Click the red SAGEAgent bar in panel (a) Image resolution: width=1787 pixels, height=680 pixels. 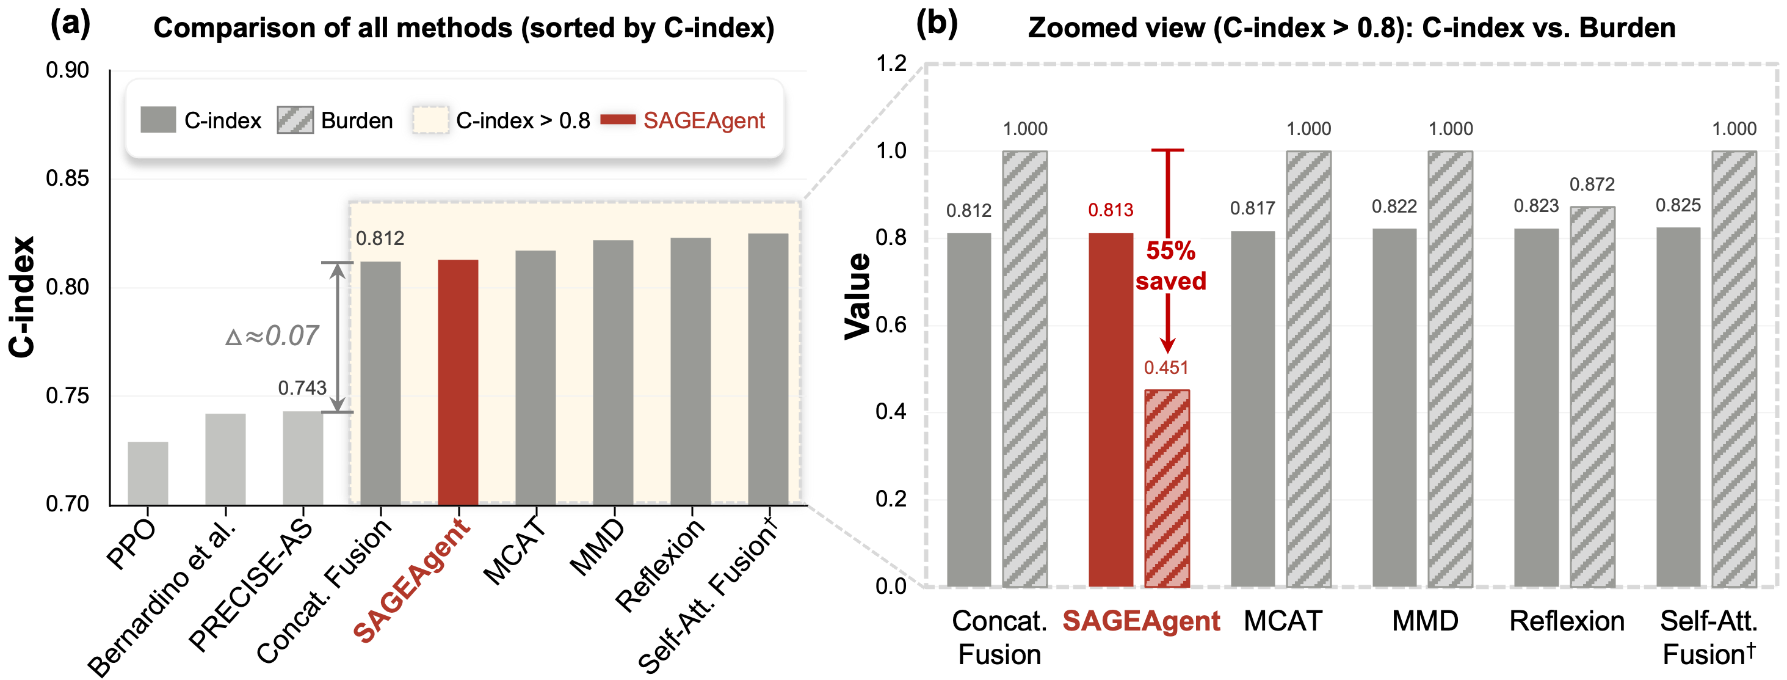click(x=458, y=382)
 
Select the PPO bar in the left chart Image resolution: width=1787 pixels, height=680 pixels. click(x=148, y=473)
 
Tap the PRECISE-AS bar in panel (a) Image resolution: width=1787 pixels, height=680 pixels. click(x=303, y=458)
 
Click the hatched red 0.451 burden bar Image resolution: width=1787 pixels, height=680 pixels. click(x=1167, y=489)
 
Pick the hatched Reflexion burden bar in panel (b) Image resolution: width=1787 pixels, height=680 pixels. click(x=1592, y=397)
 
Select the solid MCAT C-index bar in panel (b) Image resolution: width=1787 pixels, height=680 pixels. click(x=1253, y=409)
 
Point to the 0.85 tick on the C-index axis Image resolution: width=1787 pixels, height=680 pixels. click(x=67, y=178)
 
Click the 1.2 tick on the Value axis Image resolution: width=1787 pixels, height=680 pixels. click(x=891, y=64)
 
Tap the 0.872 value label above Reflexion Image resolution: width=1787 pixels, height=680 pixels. click(x=1592, y=185)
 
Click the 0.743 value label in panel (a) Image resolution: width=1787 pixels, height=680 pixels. click(x=302, y=388)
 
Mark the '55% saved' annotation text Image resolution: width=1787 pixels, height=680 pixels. click(x=1171, y=266)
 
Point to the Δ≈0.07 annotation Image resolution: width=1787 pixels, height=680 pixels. click(x=272, y=336)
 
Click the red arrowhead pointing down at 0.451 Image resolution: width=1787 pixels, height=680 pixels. click(x=1168, y=345)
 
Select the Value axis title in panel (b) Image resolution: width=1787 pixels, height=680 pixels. click(x=857, y=296)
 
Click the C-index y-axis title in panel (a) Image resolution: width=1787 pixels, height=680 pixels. click(x=21, y=297)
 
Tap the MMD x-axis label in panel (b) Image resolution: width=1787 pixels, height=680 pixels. click(x=1425, y=621)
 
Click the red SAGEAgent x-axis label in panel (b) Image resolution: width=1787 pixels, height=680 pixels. click(x=1141, y=621)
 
